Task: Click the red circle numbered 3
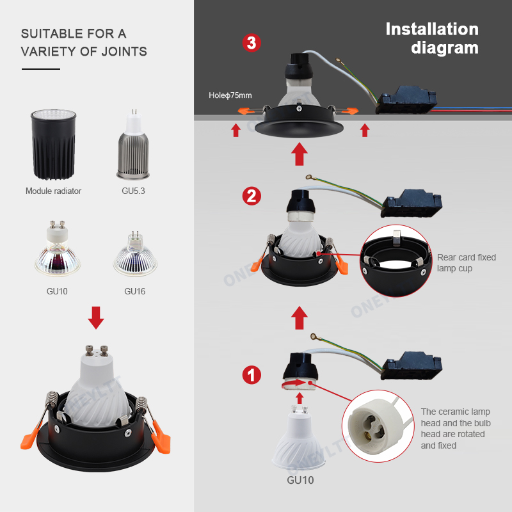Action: click(x=252, y=44)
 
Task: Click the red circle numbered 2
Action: click(x=252, y=195)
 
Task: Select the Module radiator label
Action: click(x=53, y=191)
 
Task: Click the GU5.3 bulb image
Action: click(x=134, y=144)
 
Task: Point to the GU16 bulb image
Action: click(x=134, y=257)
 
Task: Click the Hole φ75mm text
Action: click(x=230, y=95)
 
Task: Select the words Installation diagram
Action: click(x=432, y=38)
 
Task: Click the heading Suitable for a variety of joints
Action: click(x=83, y=42)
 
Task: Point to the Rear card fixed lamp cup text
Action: click(x=466, y=262)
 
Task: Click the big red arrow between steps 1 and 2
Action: click(x=299, y=317)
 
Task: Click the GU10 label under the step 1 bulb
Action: click(x=299, y=479)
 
